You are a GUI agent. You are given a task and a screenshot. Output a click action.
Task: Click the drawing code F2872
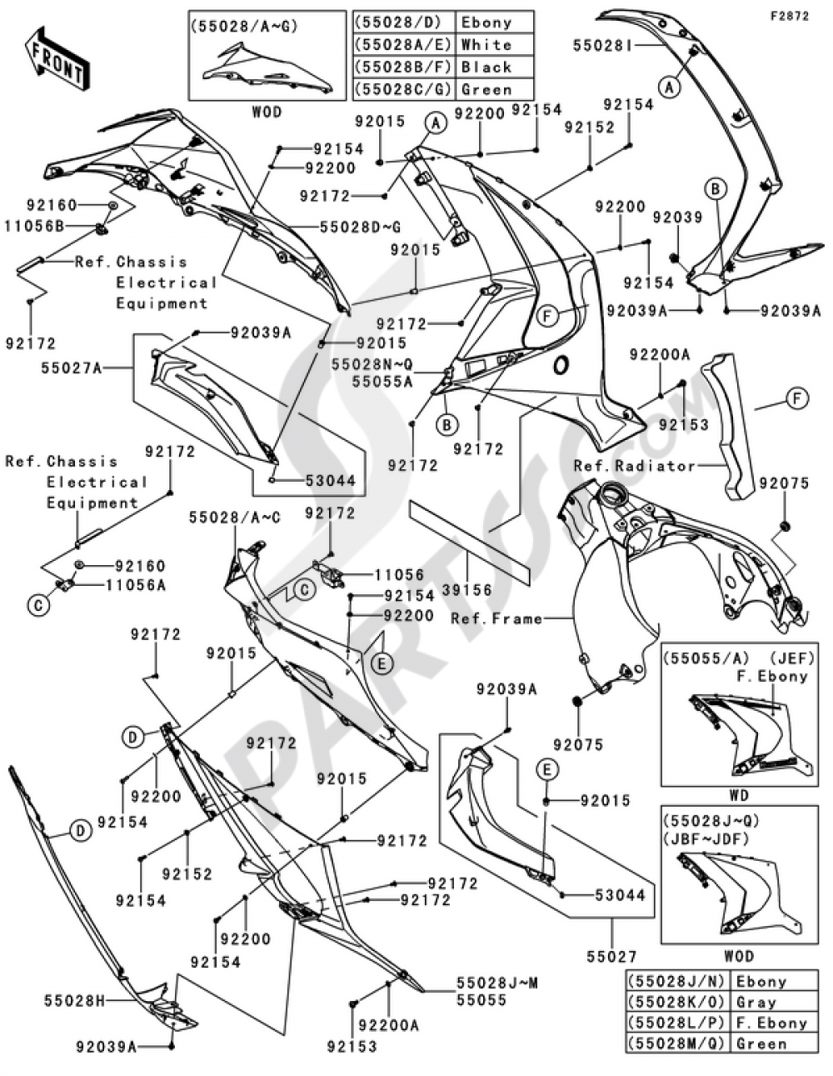click(x=788, y=16)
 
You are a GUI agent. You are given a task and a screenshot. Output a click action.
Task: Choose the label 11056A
click(x=135, y=585)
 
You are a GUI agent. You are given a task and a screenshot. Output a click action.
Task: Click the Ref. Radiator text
click(x=634, y=466)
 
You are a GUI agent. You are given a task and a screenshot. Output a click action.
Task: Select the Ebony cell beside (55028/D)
click(x=486, y=23)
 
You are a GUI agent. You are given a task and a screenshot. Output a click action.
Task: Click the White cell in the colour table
click(x=486, y=45)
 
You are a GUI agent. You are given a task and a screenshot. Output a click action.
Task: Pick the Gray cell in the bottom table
click(x=756, y=1003)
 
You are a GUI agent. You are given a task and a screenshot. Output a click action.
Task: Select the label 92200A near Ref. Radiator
click(x=660, y=354)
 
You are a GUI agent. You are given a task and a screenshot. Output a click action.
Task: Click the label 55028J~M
click(x=496, y=983)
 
